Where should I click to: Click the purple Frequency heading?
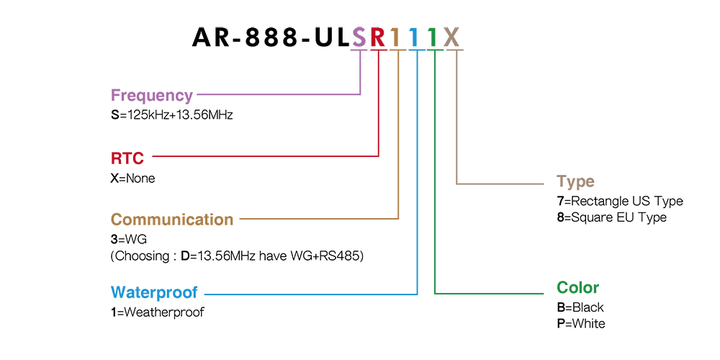tap(152, 96)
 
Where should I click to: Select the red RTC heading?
tap(127, 158)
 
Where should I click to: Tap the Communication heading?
tap(172, 219)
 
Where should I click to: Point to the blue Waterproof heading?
tap(154, 292)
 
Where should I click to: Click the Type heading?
tap(575, 181)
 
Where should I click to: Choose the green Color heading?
tap(577, 287)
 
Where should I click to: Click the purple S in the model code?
tap(359, 37)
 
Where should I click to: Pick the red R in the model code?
tap(379, 37)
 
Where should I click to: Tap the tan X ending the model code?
tap(452, 37)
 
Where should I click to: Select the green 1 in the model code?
tap(432, 37)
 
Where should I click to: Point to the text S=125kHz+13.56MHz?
tap(172, 114)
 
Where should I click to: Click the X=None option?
tap(132, 178)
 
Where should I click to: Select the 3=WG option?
tap(129, 240)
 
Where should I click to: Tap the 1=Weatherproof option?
tap(158, 312)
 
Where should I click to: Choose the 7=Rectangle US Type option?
tap(620, 201)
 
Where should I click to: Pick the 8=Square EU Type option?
tap(611, 217)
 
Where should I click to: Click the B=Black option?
tap(580, 307)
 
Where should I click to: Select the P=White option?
tap(581, 323)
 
